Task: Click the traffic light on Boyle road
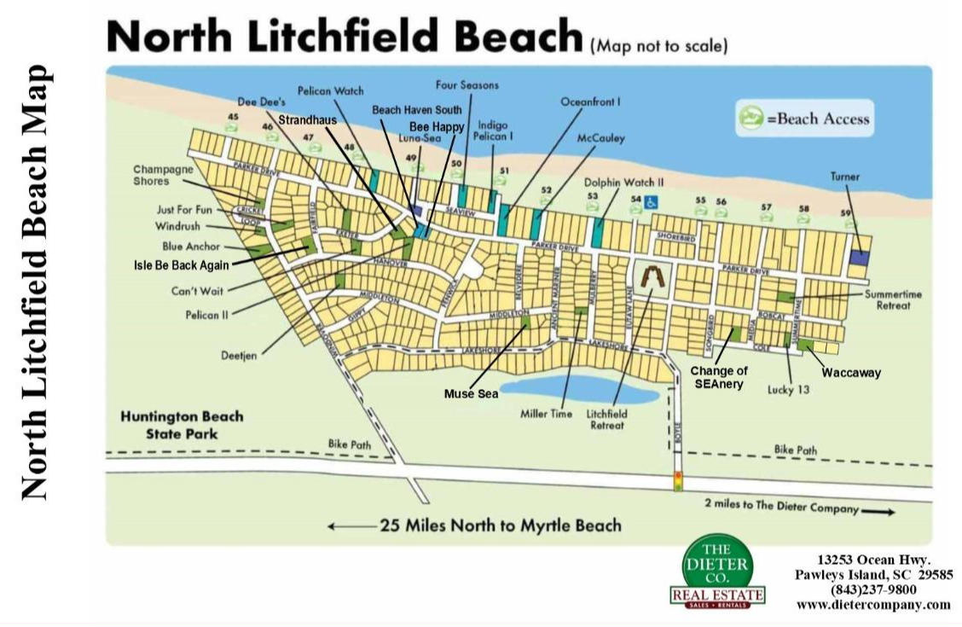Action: point(678,480)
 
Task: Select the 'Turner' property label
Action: point(844,177)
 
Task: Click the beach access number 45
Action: point(233,117)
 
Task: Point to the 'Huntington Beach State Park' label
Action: point(182,425)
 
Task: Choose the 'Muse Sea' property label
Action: point(471,394)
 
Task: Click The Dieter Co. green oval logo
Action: point(716,564)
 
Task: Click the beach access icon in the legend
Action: point(750,119)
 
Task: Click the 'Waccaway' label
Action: point(851,373)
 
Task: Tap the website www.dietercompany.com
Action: point(873,604)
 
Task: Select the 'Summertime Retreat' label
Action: point(893,300)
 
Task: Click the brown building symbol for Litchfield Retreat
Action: point(651,276)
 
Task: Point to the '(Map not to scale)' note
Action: point(659,46)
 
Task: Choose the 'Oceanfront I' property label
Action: point(589,102)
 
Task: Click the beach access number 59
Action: point(846,212)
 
